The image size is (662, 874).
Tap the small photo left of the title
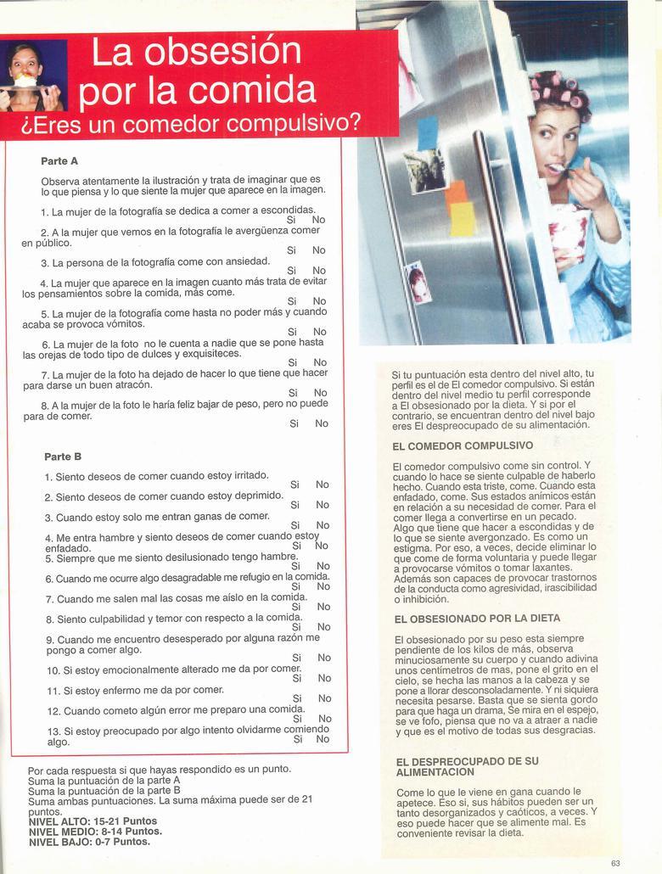point(33,76)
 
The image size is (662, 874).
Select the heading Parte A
point(59,160)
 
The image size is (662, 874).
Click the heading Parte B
point(63,457)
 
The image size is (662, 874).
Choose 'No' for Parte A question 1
point(318,220)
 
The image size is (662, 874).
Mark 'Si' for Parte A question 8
point(294,423)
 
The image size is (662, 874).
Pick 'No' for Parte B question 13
point(323,739)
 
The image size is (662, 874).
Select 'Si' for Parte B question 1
point(295,485)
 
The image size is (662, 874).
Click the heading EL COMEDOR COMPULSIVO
point(463,445)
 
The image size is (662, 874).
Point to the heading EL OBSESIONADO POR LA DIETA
point(477,619)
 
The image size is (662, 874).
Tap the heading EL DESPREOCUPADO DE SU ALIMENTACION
point(467,766)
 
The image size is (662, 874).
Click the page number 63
point(615,863)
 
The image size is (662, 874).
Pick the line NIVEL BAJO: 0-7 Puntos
point(89,842)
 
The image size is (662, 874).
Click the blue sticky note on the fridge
point(428,133)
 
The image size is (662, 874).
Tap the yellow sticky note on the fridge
point(463,219)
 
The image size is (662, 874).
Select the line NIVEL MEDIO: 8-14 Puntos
point(95,832)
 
